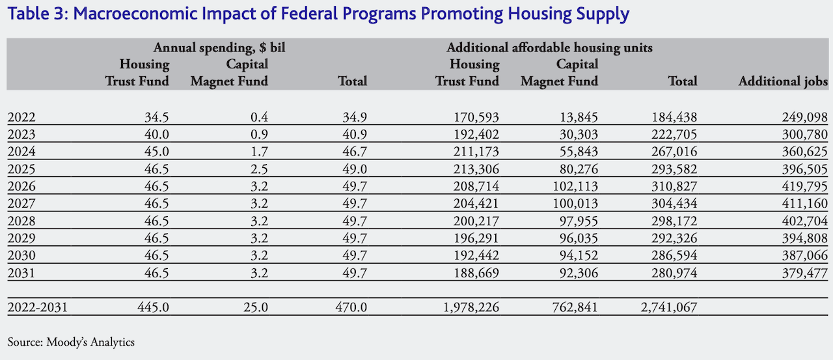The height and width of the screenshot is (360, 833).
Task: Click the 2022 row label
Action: [x=21, y=117]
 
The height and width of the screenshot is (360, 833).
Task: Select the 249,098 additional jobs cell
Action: [x=804, y=117]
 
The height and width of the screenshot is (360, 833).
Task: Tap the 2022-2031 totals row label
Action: [x=38, y=307]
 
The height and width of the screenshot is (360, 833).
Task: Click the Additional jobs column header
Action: [x=783, y=81]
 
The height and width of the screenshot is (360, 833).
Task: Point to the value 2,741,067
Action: [x=669, y=307]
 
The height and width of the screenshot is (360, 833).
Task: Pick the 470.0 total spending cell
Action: [x=351, y=307]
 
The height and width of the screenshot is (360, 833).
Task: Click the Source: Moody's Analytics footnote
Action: [x=71, y=342]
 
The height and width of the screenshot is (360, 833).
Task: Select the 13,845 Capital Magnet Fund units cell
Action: [x=579, y=117]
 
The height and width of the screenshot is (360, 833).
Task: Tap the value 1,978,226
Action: [x=471, y=307]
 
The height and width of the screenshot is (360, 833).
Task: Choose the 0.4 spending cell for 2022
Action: [x=259, y=117]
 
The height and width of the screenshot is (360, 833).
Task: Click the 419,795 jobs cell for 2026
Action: [x=804, y=186]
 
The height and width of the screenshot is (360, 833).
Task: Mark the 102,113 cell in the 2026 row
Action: [x=575, y=186]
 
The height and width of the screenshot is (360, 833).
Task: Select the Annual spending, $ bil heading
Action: [x=219, y=48]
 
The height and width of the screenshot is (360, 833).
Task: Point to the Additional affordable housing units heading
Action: [x=550, y=48]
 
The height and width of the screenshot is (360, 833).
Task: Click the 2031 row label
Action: [x=21, y=273]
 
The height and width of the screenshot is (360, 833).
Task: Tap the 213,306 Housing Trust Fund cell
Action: [x=476, y=169]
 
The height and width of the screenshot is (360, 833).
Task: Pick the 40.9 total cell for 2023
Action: [x=355, y=134]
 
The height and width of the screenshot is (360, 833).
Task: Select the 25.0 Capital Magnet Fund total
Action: [x=256, y=307]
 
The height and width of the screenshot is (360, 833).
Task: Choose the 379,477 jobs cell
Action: [x=804, y=273]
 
